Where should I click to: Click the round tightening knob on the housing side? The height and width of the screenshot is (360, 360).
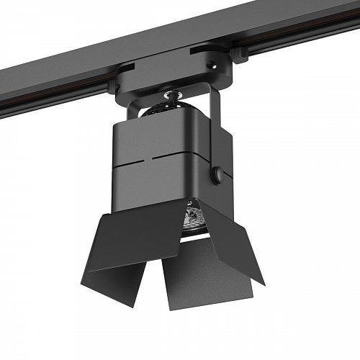click(x=217, y=174)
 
